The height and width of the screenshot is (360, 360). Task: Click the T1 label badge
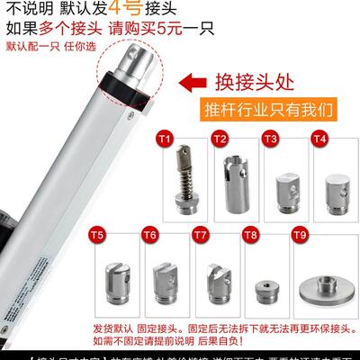pyautogui.click(x=164, y=139)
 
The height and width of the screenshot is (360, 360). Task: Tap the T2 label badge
pyautogui.click(x=219, y=139)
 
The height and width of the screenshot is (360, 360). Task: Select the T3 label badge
pyautogui.click(x=269, y=139)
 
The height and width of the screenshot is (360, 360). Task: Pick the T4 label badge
pyautogui.click(x=318, y=139)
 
